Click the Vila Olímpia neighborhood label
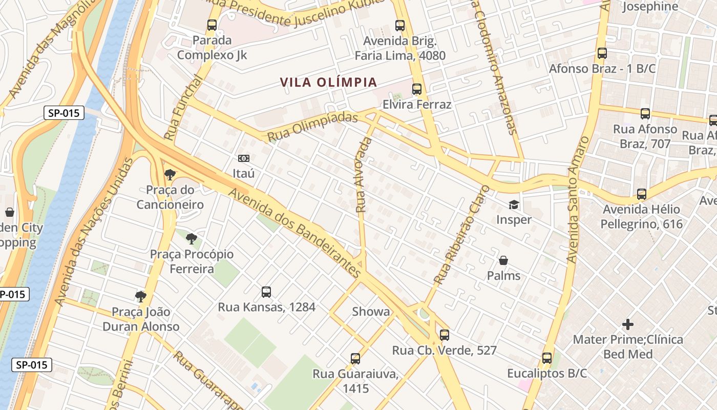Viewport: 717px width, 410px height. pyautogui.click(x=328, y=82)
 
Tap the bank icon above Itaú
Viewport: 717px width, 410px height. pyautogui.click(x=244, y=158)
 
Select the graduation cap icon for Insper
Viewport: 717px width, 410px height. pyautogui.click(x=514, y=205)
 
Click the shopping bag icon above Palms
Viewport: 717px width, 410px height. pyautogui.click(x=503, y=261)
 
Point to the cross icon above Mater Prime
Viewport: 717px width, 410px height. pyautogui.click(x=628, y=324)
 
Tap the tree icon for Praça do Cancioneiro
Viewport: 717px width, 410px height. pyautogui.click(x=170, y=175)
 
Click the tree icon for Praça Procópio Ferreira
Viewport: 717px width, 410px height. pyautogui.click(x=192, y=238)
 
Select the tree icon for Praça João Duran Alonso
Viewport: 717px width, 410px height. pyautogui.click(x=141, y=296)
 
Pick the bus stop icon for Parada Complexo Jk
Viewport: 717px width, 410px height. pyautogui.click(x=212, y=25)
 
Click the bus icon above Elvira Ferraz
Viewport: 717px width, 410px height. pyautogui.click(x=417, y=89)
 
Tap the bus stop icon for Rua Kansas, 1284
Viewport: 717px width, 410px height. pyautogui.click(x=266, y=292)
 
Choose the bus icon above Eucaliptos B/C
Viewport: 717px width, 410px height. pyautogui.click(x=547, y=358)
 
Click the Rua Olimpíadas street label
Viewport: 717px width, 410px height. pyautogui.click(x=312, y=127)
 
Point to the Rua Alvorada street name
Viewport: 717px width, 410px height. pyautogui.click(x=363, y=175)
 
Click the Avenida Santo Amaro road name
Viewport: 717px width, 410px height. pyautogui.click(x=578, y=200)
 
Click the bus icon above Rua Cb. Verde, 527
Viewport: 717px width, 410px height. pyautogui.click(x=445, y=335)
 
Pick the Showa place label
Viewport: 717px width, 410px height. pyautogui.click(x=371, y=312)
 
